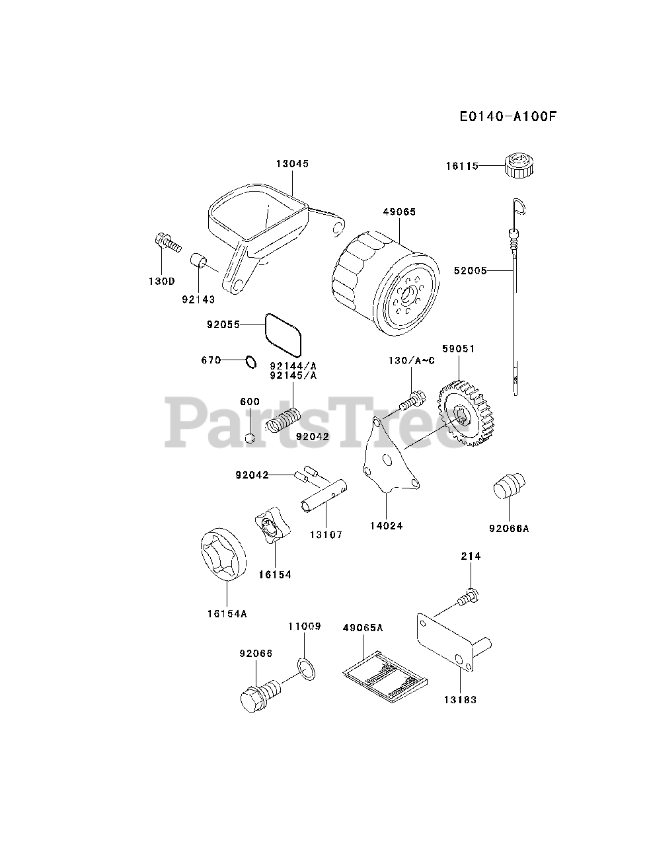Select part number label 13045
292,163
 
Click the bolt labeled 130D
168,244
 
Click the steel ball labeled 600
250,437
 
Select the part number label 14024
387,526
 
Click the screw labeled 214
467,597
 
